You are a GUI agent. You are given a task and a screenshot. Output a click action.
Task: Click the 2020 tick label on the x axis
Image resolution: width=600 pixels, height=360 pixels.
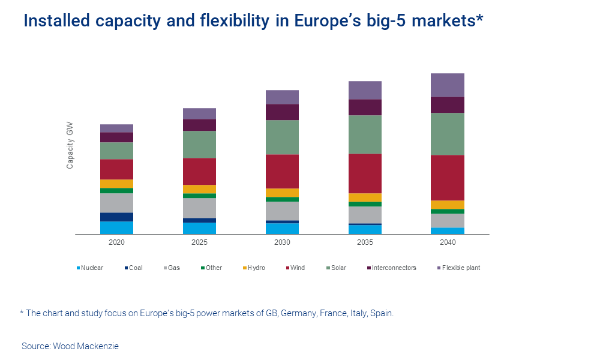point(116,243)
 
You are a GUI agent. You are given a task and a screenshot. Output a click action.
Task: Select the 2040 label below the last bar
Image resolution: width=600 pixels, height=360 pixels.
point(447,243)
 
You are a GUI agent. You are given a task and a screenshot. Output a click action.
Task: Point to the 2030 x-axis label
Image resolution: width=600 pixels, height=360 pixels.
point(282,243)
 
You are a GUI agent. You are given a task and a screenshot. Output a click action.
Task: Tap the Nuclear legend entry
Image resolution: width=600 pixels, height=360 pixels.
point(92,268)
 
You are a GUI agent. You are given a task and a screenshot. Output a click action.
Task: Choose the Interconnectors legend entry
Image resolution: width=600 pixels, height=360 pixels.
point(394,268)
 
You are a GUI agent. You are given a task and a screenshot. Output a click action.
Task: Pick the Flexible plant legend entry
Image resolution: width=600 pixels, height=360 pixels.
point(461,268)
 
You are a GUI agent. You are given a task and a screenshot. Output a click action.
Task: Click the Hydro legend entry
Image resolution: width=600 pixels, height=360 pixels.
point(256,268)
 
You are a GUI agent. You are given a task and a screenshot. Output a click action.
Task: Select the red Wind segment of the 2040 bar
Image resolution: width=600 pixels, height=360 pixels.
point(448,178)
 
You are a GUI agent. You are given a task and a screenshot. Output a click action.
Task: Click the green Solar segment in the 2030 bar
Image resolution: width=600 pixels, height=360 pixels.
point(282,137)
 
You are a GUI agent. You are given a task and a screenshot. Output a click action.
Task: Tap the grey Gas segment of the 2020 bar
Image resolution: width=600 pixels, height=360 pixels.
point(116,203)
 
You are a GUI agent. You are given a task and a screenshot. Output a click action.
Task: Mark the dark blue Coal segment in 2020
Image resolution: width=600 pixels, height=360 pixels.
point(116,217)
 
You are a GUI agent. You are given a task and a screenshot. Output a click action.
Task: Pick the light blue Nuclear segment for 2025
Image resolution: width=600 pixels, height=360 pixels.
point(199,228)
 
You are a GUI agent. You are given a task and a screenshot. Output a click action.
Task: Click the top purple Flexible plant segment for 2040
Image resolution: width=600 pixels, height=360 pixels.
point(448,85)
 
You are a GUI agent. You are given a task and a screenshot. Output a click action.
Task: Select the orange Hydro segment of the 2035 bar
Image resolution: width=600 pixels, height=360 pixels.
point(365,197)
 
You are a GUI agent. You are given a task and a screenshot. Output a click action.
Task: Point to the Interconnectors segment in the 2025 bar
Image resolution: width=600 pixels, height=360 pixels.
point(199,125)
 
